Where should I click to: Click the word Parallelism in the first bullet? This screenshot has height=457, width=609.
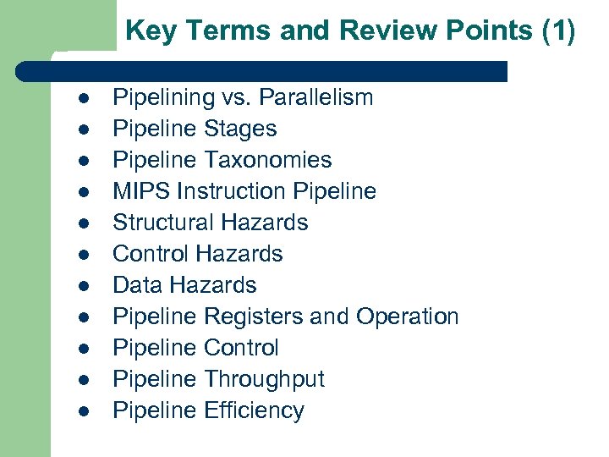coord(315,97)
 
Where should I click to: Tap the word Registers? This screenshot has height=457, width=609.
coord(253,317)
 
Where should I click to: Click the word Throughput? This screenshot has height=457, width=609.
coord(264,379)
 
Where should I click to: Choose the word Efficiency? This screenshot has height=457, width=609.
coord(254,410)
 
